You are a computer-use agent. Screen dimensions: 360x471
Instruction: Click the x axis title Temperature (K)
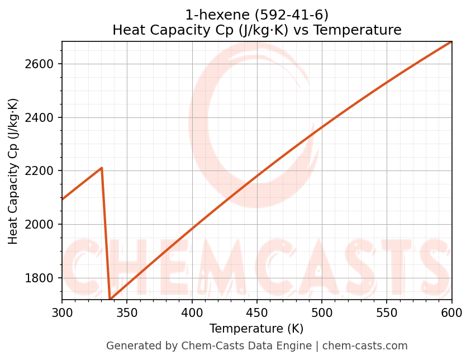(x=256, y=329)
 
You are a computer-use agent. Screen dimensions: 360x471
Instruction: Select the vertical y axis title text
(x=13, y=171)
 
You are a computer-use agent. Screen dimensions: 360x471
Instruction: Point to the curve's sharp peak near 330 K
(x=102, y=168)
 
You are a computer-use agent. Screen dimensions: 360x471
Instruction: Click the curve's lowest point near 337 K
(x=111, y=300)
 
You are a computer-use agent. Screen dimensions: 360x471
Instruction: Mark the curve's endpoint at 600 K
(x=451, y=42)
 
